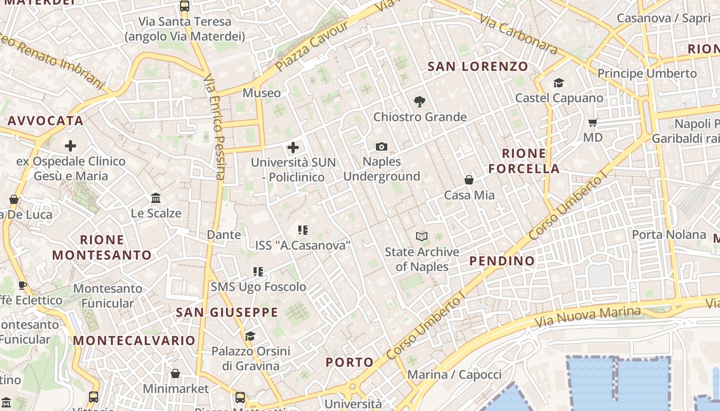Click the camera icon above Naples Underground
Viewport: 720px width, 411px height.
point(381,147)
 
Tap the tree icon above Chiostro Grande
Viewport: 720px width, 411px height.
point(420,102)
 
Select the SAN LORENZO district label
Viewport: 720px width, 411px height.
point(478,66)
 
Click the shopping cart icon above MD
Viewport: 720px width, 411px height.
point(592,123)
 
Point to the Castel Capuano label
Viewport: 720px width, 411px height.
point(559,98)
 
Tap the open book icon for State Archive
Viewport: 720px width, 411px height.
point(422,237)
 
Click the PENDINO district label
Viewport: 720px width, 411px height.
point(502,261)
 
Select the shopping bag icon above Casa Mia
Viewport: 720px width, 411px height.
point(469,180)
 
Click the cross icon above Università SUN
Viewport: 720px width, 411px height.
point(293,148)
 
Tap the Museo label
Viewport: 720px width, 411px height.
point(262,93)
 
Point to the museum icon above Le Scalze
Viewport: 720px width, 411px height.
point(156,198)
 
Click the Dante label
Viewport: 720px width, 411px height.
point(224,235)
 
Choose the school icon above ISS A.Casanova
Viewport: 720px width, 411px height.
point(302,230)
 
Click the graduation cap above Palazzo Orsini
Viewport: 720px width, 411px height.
point(250,337)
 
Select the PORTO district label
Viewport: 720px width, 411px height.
point(350,362)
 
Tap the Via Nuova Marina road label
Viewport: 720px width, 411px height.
point(588,317)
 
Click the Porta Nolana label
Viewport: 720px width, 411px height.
point(669,235)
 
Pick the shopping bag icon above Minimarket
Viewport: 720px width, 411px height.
point(175,373)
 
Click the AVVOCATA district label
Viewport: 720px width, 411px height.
point(45,121)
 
